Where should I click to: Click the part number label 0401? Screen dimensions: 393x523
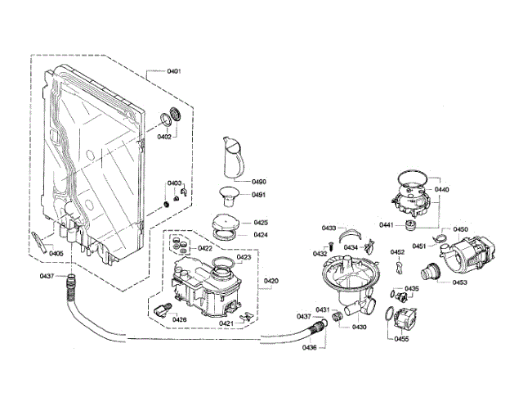coord(174,71)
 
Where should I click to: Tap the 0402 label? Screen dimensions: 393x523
coord(164,136)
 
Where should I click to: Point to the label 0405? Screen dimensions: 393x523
coord(56,253)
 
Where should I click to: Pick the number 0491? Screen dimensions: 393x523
coord(259,195)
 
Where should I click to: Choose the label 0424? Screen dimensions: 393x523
coord(261,235)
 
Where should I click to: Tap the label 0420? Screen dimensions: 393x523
coord(270,280)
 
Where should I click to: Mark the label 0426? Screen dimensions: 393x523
coord(179,318)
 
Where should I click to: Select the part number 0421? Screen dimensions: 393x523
coord(226,323)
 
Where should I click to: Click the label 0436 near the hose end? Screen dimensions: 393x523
coord(308,348)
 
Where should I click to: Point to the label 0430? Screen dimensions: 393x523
coord(359,327)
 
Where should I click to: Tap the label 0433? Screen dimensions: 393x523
coord(329,227)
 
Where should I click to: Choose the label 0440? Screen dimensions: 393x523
coord(442,189)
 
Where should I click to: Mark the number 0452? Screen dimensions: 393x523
coord(397,252)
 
